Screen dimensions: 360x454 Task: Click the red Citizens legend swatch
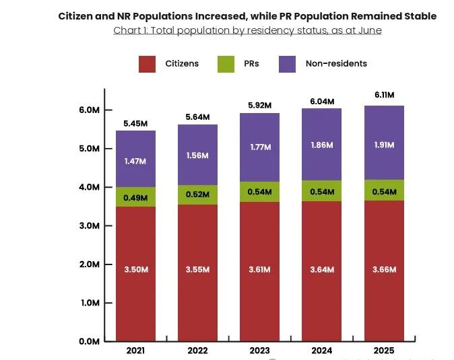coord(148,64)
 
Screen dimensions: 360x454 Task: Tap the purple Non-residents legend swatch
coord(288,64)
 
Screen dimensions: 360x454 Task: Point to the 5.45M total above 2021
coord(135,124)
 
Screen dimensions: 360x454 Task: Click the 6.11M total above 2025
coord(384,96)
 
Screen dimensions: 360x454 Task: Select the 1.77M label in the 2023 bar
coord(260,147)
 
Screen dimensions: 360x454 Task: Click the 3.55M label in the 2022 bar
coord(198,270)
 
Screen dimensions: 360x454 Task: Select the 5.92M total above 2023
coord(260,105)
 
